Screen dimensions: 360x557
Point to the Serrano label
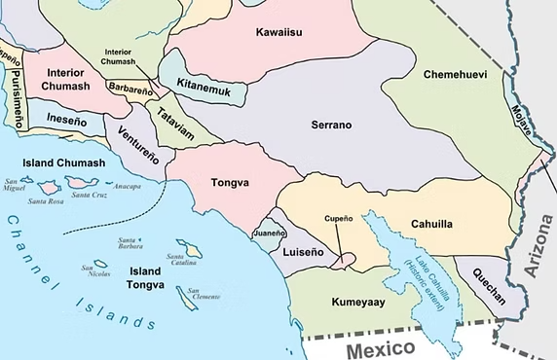click(331, 126)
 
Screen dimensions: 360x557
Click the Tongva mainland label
click(230, 182)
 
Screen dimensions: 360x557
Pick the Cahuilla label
click(431, 224)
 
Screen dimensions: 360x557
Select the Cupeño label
click(338, 218)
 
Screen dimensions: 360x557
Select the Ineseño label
click(65, 123)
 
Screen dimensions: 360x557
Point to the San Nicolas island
click(101, 264)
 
